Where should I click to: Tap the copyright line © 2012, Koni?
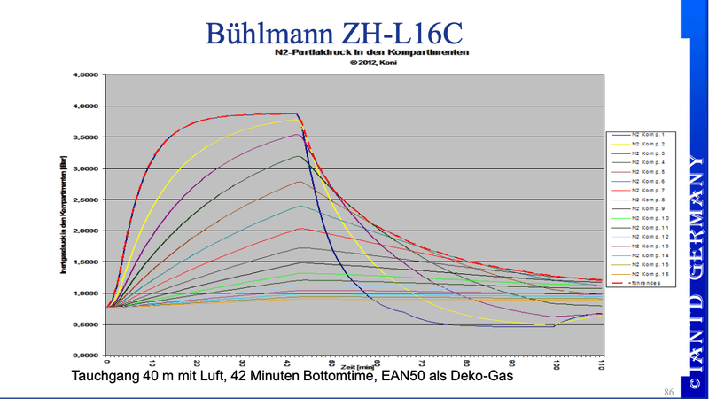tap(358, 63)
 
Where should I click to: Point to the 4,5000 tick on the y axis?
tap(85, 75)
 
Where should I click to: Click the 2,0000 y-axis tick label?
tap(85, 231)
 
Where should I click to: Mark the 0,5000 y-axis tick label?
tap(85, 325)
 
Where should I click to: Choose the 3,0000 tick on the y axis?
tap(85, 168)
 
